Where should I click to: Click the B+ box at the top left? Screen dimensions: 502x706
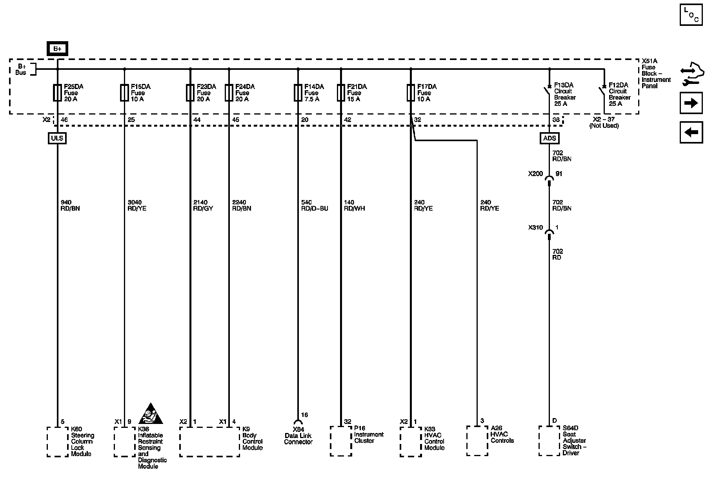click(x=57, y=49)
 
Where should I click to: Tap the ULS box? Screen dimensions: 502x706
click(x=57, y=138)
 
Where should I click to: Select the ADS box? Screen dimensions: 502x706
click(x=549, y=138)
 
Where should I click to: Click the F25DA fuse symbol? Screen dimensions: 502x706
click(x=57, y=93)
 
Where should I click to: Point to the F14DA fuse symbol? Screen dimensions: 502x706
click(x=298, y=93)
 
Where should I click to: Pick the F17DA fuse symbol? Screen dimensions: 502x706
click(x=411, y=93)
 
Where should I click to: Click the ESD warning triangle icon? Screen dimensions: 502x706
click(x=151, y=414)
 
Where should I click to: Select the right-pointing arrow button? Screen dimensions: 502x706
click(x=691, y=103)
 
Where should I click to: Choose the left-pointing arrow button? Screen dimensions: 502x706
click(x=691, y=132)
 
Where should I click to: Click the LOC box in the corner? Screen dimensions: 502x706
click(x=691, y=15)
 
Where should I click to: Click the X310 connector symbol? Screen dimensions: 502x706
click(x=549, y=234)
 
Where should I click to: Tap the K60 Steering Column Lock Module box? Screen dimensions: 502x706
click(x=58, y=442)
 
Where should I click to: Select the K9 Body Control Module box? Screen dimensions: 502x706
click(x=209, y=442)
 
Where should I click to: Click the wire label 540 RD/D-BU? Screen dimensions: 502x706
click(x=314, y=206)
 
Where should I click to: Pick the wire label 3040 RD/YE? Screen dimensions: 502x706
click(x=137, y=206)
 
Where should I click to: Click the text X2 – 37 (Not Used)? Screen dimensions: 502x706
click(x=604, y=123)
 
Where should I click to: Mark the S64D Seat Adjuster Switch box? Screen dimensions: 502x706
click(x=549, y=441)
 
